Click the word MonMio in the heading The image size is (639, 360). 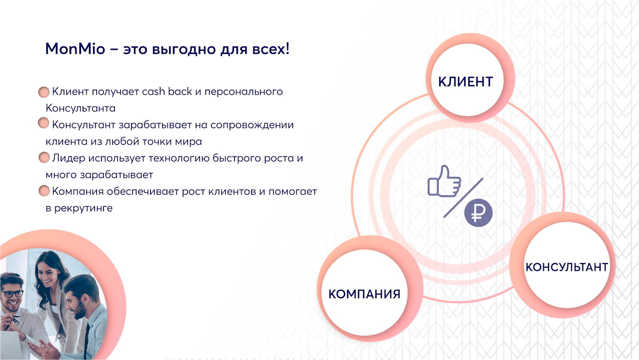coord(75,49)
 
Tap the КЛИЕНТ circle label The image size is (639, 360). coord(466,82)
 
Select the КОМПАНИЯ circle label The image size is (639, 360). coord(364,294)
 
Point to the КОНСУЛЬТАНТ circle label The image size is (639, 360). coord(567,267)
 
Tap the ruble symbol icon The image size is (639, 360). coord(478,213)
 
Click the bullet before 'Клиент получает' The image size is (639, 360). coord(44,92)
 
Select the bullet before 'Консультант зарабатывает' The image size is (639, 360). coord(44,123)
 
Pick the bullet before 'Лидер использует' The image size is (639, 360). coord(44,157)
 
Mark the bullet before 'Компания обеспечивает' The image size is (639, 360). coord(44,191)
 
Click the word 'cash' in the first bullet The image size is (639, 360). coord(153,91)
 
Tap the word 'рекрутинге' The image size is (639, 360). coord(83,209)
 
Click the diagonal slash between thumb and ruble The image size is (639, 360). coord(463,197)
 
